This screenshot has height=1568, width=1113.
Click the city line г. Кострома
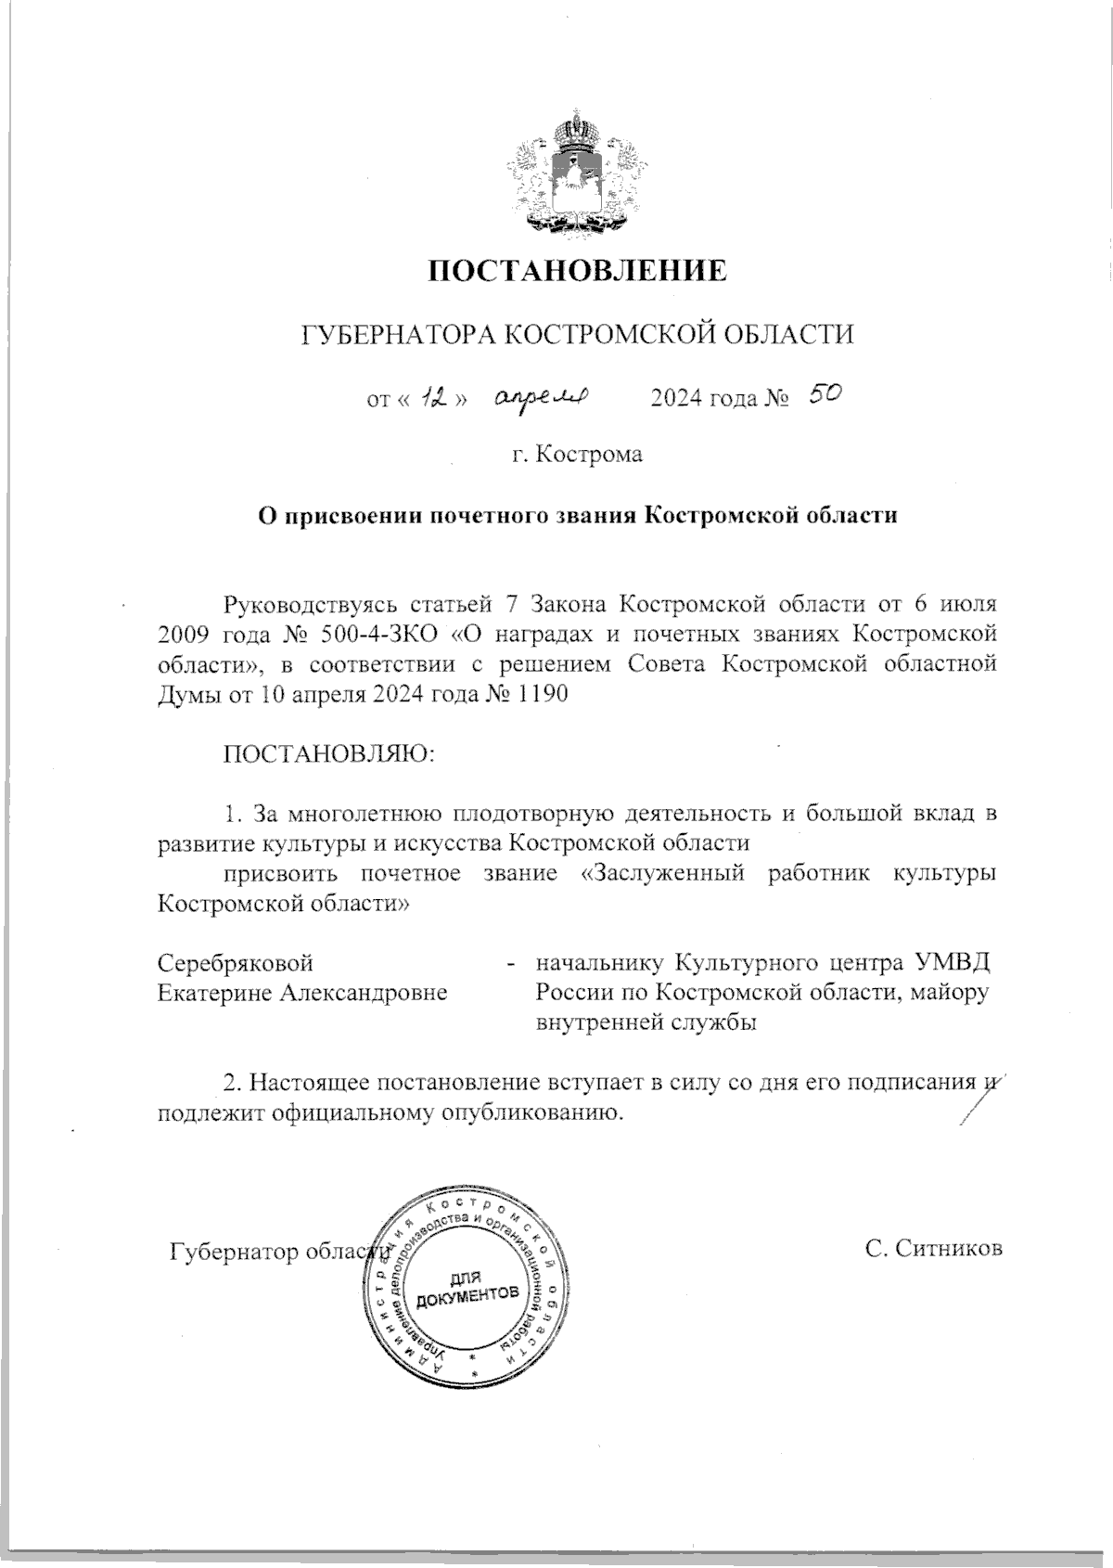tap(576, 455)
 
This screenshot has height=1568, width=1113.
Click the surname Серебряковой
tap(236, 961)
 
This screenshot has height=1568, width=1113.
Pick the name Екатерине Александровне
tap(302, 992)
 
